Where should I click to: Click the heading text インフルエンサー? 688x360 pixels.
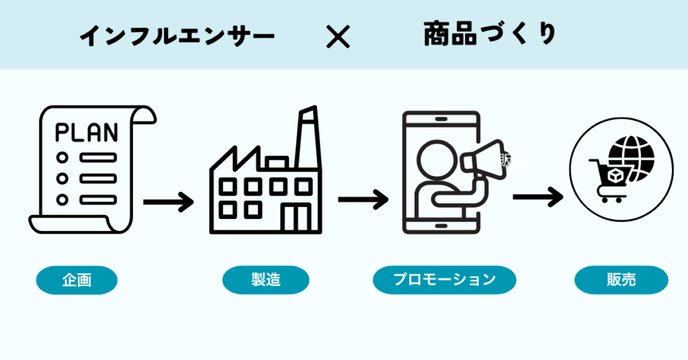(x=177, y=37)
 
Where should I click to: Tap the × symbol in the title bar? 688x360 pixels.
(x=338, y=37)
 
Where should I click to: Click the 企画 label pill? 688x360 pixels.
(x=77, y=280)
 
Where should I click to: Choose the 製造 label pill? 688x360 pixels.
(x=265, y=280)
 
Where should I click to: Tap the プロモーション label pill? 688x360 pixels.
(x=444, y=280)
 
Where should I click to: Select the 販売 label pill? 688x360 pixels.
(x=621, y=280)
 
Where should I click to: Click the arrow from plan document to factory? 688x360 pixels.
(x=168, y=201)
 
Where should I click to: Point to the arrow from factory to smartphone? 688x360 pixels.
(x=363, y=199)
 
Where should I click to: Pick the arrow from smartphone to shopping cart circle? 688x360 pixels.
(x=537, y=197)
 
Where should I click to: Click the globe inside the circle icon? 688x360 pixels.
(x=632, y=155)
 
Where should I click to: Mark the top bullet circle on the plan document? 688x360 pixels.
(x=62, y=157)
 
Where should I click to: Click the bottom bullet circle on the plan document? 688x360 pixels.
(x=62, y=199)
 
